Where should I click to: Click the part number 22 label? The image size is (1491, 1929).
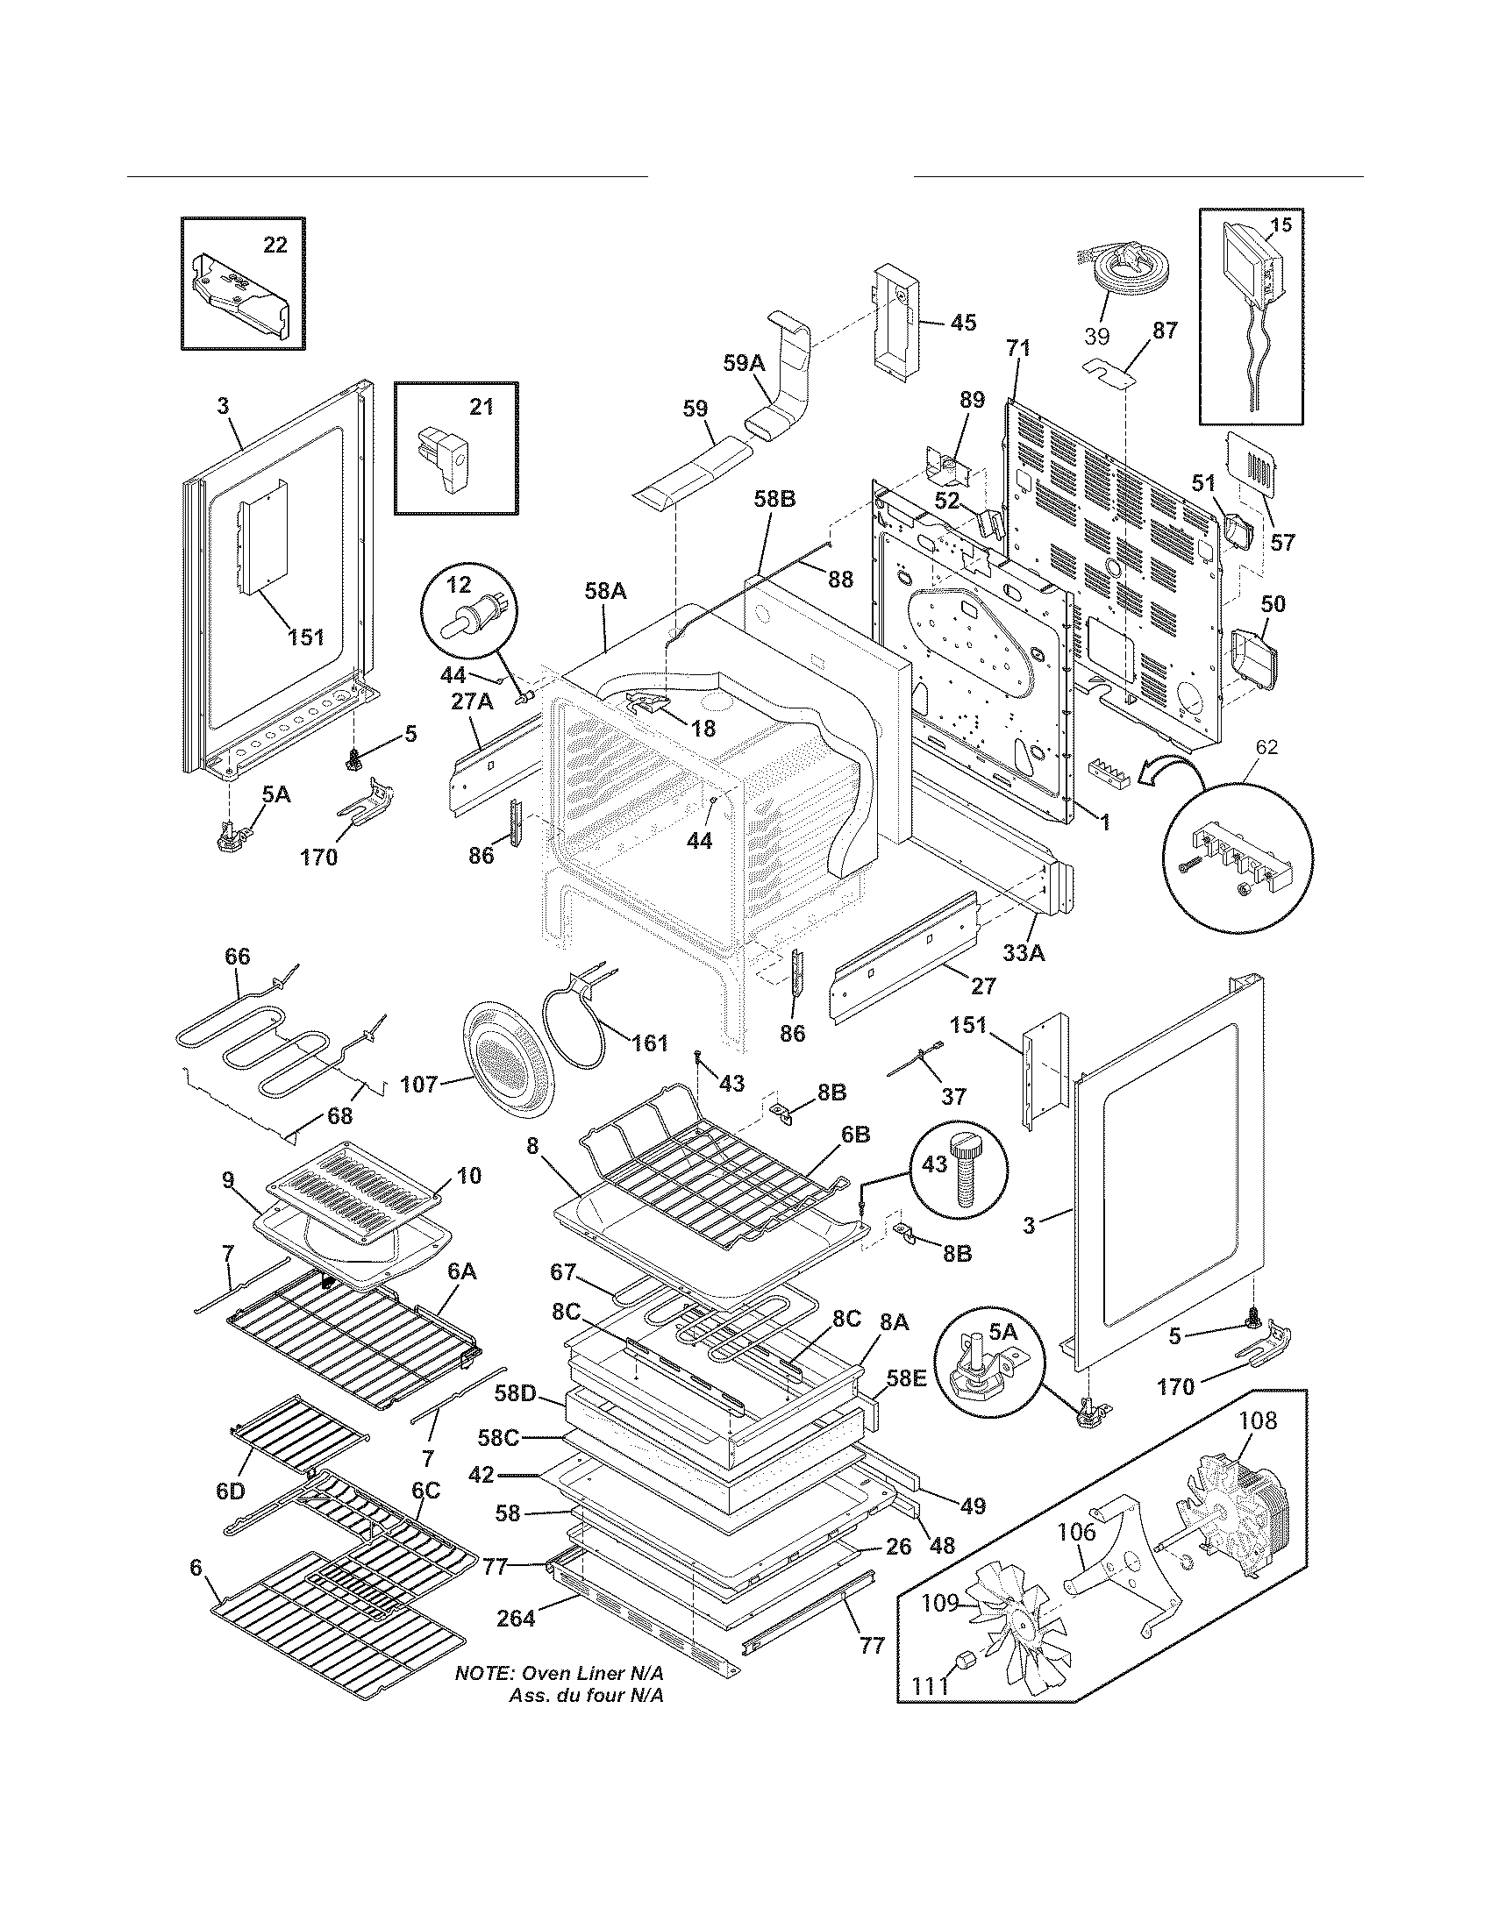pyautogui.click(x=275, y=245)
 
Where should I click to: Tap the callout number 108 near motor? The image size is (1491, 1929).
pyautogui.click(x=1258, y=1420)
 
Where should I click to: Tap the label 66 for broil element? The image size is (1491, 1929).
pyautogui.click(x=238, y=957)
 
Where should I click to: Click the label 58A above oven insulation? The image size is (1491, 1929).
pyautogui.click(x=605, y=591)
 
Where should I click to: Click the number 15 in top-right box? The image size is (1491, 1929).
pyautogui.click(x=1280, y=224)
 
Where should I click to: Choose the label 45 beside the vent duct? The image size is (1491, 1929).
pyautogui.click(x=963, y=323)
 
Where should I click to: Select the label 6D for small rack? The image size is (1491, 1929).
pyautogui.click(x=231, y=1491)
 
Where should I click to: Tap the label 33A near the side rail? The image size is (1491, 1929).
pyautogui.click(x=1024, y=952)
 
